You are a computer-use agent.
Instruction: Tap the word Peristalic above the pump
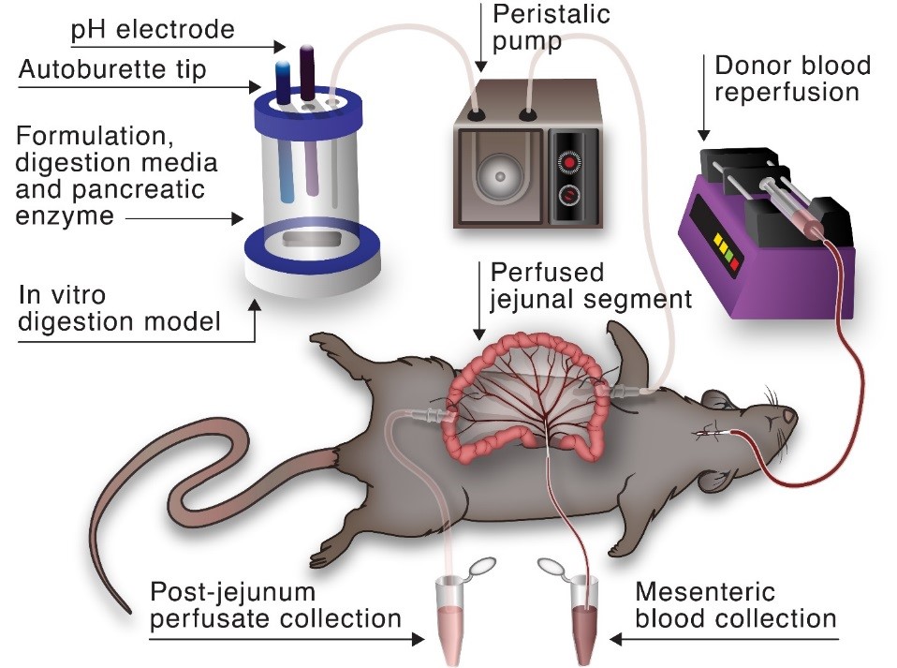pyautogui.click(x=551, y=14)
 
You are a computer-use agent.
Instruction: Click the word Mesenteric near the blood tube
pyautogui.click(x=705, y=591)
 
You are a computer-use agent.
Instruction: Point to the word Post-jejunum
pyautogui.click(x=232, y=592)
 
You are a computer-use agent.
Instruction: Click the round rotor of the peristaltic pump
pyautogui.click(x=500, y=176)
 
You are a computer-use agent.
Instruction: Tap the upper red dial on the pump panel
pyautogui.click(x=570, y=161)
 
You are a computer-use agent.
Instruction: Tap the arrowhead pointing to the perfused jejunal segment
pyautogui.click(x=479, y=334)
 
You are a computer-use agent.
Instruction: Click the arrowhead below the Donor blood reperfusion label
pyautogui.click(x=704, y=135)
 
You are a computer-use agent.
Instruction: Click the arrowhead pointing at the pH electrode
pyautogui.click(x=279, y=46)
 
